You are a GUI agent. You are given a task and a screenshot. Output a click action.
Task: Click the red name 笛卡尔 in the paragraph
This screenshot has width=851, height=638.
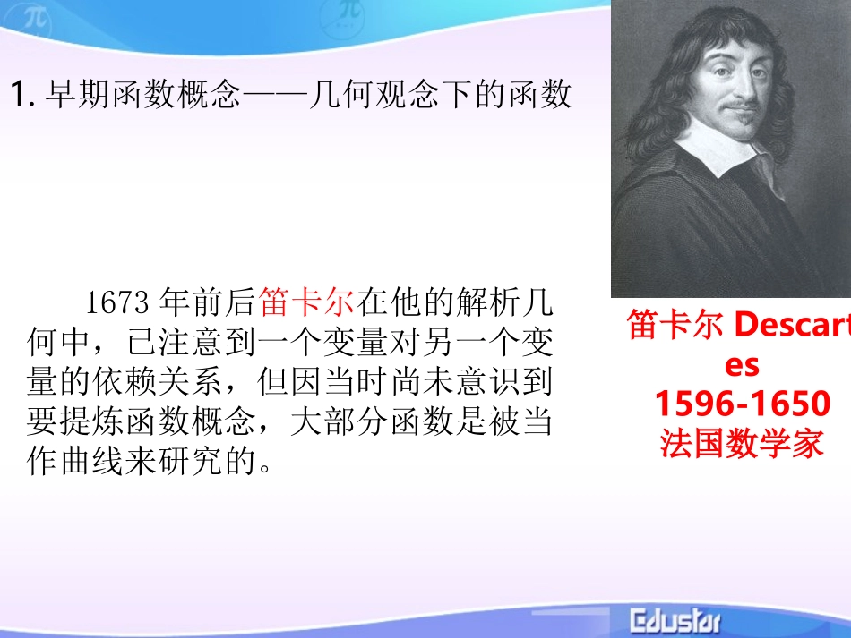tap(305, 303)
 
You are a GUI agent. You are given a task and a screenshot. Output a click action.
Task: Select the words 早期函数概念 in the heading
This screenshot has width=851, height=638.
tap(143, 94)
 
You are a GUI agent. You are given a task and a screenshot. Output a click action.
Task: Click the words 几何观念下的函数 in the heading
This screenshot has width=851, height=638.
tap(439, 94)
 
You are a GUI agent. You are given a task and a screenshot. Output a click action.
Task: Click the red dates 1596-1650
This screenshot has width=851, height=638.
tap(742, 404)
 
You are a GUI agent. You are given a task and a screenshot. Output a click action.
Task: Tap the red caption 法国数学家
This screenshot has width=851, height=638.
tap(742, 443)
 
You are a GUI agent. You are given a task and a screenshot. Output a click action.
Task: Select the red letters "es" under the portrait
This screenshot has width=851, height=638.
tap(742, 365)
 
